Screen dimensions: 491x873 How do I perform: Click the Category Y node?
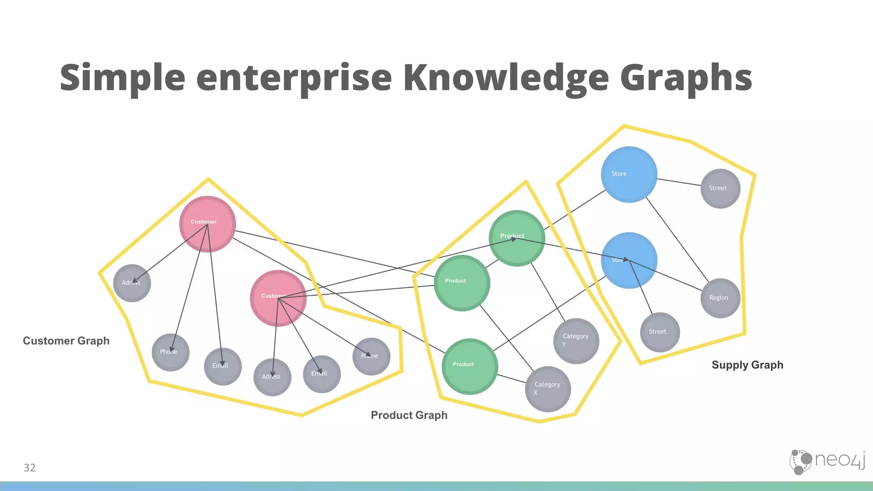[576, 341]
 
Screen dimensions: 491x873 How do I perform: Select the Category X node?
[548, 389]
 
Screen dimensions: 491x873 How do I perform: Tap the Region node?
[720, 298]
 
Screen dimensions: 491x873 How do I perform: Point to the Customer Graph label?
[66, 341]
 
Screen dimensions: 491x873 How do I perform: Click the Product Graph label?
[409, 415]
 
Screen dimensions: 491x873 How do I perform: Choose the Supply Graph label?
[747, 365]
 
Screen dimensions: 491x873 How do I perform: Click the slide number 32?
[29, 468]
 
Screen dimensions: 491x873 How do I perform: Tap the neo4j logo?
[827, 462]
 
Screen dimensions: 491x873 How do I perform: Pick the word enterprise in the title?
[294, 78]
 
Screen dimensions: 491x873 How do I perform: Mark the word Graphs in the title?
[686, 78]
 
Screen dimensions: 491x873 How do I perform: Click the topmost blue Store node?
[629, 174]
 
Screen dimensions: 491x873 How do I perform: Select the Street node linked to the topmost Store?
[720, 188]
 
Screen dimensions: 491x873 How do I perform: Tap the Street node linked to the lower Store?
[660, 332]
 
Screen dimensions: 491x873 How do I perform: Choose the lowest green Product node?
[470, 366]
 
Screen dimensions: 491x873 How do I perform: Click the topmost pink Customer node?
[208, 224]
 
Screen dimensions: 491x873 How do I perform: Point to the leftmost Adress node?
[132, 283]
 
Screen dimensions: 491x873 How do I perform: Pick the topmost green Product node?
[517, 238]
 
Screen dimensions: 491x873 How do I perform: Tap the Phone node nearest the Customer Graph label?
[171, 352]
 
